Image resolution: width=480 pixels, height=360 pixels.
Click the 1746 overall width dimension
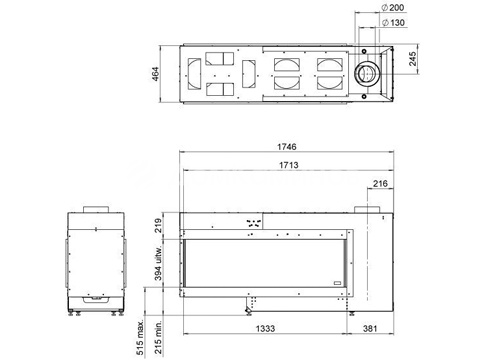(287, 147)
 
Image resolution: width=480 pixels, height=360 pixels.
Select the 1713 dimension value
(289, 165)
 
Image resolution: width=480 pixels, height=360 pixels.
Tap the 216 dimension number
(380, 183)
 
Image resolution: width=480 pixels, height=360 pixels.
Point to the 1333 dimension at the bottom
(265, 329)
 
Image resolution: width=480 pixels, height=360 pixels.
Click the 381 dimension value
(370, 329)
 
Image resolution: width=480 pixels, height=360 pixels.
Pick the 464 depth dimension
(156, 74)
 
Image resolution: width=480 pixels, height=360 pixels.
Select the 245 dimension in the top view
(413, 59)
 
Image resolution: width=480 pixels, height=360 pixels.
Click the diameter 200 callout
(393, 7)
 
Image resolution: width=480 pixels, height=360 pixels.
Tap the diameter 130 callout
(394, 23)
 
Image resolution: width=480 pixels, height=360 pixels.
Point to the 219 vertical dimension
(159, 225)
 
